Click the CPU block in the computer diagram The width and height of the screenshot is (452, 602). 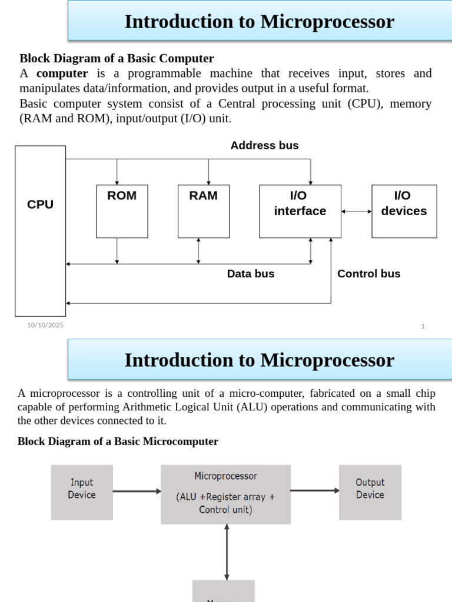40,230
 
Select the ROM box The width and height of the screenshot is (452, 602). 122,211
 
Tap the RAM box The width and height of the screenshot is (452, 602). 203,211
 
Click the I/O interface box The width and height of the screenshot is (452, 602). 300,211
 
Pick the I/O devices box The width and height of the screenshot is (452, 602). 404,211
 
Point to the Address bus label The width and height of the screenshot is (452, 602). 264,145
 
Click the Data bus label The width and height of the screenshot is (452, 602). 251,274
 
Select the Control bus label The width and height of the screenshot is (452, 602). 368,274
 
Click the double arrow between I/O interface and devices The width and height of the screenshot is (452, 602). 356,211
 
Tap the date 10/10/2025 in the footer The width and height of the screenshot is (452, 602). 45,325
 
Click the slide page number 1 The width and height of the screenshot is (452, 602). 423,326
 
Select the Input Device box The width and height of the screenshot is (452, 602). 82,492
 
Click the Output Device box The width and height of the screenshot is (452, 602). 370,492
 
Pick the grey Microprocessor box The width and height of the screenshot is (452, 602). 225,494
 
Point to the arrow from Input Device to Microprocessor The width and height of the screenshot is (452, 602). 137,491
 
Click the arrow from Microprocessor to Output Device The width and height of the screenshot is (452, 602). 314,490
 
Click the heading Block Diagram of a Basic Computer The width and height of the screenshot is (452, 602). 117,58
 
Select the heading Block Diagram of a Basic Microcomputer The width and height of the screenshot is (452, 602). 118,442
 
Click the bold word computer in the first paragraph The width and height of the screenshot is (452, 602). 62,73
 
